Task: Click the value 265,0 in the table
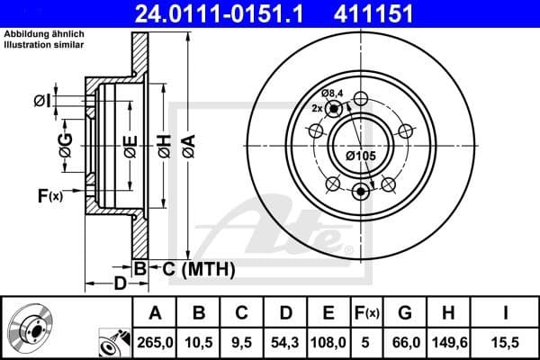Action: coord(156,341)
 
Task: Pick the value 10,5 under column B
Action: coord(199,341)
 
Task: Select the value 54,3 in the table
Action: coord(285,341)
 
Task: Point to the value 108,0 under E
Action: coord(328,341)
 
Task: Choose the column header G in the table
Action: coord(404,312)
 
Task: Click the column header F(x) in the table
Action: coord(367,312)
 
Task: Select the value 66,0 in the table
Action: coord(404,341)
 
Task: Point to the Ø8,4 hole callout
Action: coord(334,94)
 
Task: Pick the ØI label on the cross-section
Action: coord(40,101)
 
